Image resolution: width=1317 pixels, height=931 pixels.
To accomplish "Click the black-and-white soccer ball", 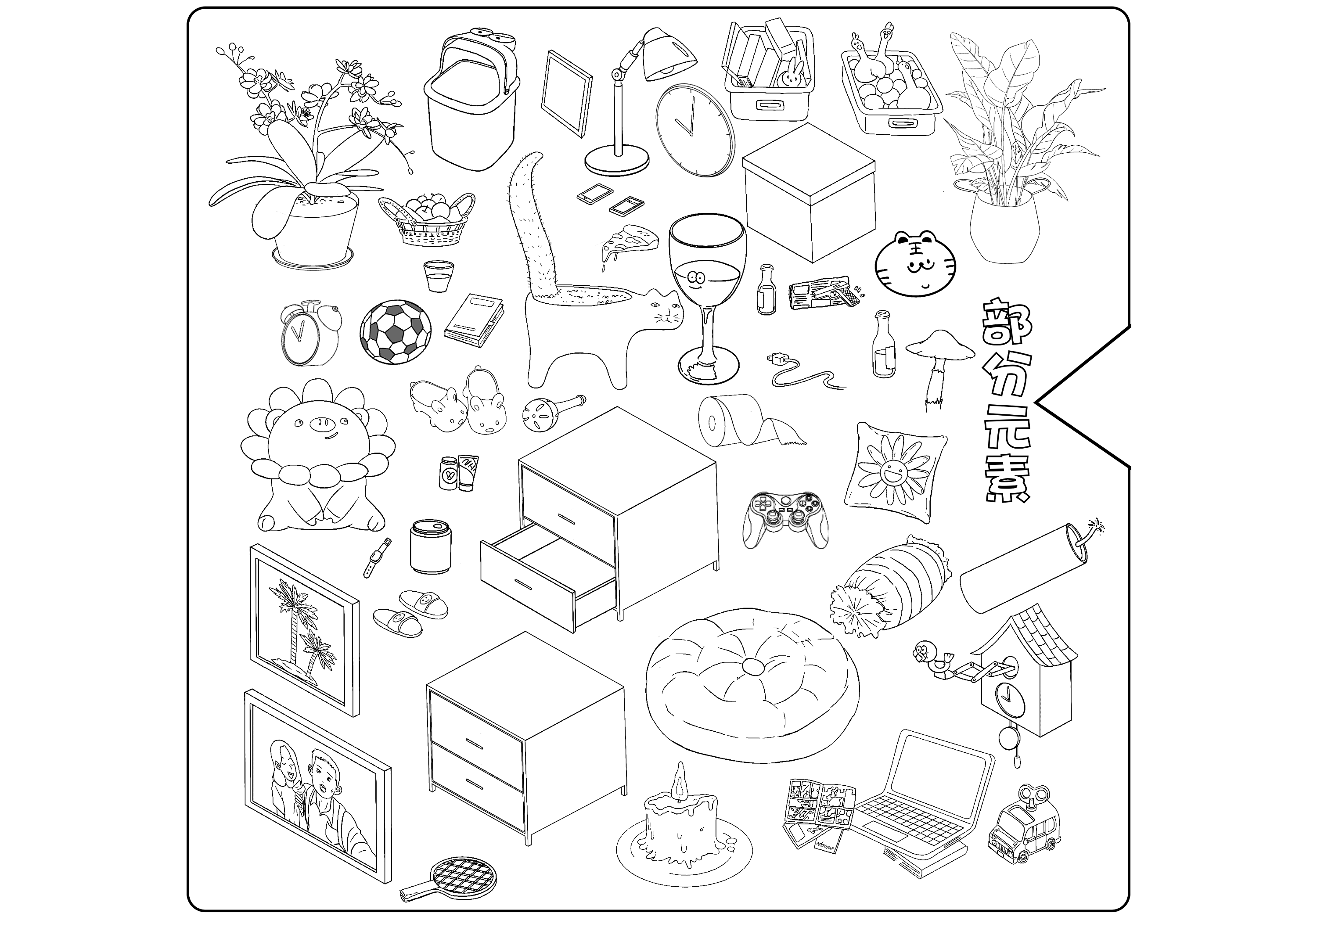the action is point(395,332).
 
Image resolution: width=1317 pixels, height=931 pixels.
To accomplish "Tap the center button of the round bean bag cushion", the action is point(753,666).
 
